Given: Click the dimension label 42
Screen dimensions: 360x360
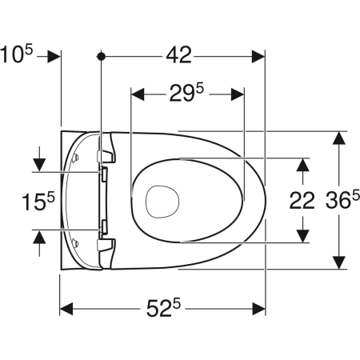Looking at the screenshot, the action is pos(178,55).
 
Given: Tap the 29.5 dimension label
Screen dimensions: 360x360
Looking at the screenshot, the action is pos(186,93).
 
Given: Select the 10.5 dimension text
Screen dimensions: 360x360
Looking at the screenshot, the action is pos(17,54).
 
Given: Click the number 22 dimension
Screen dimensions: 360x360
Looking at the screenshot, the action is pos(302,201).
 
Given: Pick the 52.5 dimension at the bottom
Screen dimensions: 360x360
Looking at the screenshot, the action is pos(163,308).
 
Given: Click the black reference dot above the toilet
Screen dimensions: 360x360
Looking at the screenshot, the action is pos(101,56).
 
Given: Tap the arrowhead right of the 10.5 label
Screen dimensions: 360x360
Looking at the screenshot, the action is pos(54,56).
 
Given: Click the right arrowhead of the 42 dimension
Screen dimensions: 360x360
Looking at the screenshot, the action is pos(258,56).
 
